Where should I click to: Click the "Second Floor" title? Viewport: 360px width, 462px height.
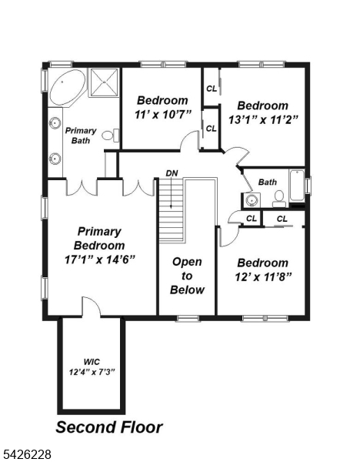(109, 427)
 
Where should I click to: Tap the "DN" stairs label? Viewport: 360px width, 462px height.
(171, 173)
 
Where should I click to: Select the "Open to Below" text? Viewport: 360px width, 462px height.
(187, 276)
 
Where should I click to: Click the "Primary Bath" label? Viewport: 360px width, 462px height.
(80, 136)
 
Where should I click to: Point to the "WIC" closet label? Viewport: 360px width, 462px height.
(92, 360)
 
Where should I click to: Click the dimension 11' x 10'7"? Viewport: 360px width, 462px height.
(162, 115)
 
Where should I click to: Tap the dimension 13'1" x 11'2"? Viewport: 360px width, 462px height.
(263, 119)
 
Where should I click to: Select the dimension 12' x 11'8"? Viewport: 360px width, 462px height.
(263, 276)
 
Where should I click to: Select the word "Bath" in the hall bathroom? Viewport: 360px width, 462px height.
(267, 182)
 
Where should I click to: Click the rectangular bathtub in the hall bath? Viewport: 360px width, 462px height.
(296, 187)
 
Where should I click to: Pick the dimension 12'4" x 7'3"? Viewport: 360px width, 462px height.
(92, 372)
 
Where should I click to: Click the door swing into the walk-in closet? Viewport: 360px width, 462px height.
(91, 306)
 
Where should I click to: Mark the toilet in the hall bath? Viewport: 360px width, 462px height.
(278, 199)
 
